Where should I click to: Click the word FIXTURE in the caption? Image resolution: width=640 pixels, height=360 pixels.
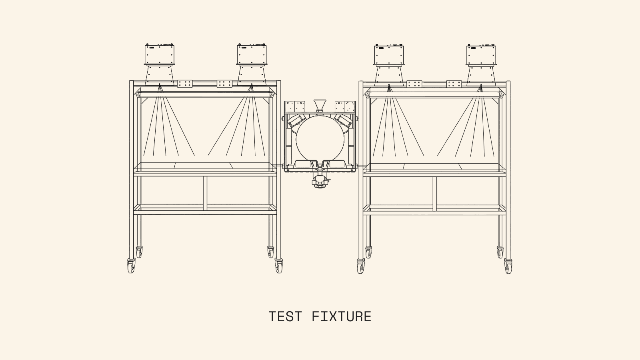(341, 317)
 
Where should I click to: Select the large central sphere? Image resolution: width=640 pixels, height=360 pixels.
(319, 138)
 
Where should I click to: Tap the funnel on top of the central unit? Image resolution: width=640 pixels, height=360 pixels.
(319, 105)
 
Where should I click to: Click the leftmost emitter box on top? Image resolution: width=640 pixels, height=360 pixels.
(160, 54)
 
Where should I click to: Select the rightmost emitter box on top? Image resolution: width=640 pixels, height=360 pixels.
(481, 55)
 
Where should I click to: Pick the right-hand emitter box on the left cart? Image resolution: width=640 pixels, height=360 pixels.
(252, 54)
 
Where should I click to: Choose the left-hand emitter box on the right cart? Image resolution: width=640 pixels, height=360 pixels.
(389, 55)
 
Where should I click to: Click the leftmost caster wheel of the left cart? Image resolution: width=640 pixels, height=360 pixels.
(131, 266)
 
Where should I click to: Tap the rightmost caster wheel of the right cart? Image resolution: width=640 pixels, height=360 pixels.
(508, 266)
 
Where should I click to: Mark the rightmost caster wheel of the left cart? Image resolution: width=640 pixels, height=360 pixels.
(279, 266)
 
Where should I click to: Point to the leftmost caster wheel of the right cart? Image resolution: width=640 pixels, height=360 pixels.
(360, 266)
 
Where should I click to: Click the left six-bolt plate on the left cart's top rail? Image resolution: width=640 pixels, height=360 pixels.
(185, 84)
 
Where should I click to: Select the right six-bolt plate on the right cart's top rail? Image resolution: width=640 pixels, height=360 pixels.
(454, 84)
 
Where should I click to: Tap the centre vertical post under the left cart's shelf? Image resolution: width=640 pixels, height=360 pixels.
(205, 193)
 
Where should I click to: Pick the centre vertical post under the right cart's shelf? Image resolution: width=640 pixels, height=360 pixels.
(434, 193)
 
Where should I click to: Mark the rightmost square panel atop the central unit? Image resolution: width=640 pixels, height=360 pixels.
(350, 106)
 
